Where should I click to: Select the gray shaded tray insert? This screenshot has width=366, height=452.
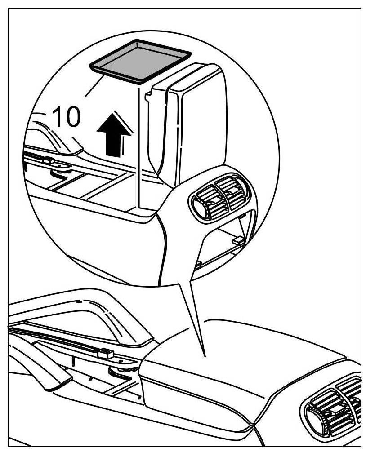click(140, 61)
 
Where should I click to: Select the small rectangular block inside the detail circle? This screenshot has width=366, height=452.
click(48, 160)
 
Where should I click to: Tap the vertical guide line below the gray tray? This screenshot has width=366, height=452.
click(138, 148)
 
